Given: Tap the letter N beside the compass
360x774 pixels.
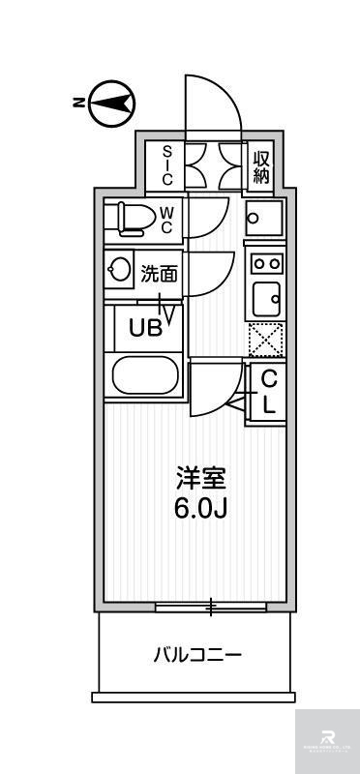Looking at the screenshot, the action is click(x=76, y=102).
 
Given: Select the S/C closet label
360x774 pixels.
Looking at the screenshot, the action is click(x=165, y=164).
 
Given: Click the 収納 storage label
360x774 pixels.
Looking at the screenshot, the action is click(x=261, y=165).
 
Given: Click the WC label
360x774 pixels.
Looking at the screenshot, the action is click(x=165, y=220).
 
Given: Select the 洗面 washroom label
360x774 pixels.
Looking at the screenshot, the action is click(x=160, y=274).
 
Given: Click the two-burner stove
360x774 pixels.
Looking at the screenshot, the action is click(x=265, y=262).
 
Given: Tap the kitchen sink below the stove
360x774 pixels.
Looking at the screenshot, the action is click(x=265, y=297).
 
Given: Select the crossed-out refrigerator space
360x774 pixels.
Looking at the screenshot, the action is click(x=265, y=339).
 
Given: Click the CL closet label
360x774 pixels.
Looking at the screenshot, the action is click(x=268, y=391).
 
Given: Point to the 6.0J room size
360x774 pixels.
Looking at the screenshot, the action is click(x=200, y=510).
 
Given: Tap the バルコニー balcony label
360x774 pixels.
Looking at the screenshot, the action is click(x=196, y=656).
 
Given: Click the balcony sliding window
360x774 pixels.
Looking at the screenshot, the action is click(x=211, y=608).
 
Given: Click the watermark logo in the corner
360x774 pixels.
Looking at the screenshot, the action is click(x=327, y=740).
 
